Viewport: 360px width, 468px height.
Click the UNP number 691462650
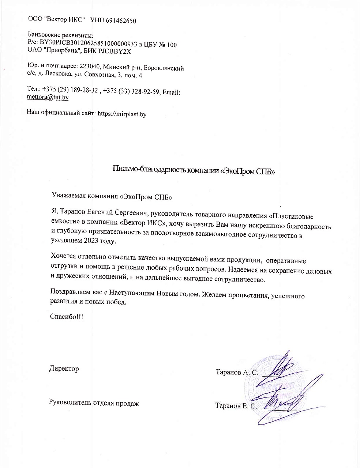[x=121, y=21]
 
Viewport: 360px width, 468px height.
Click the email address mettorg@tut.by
[x=48, y=98]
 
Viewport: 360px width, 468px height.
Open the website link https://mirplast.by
[x=122, y=114]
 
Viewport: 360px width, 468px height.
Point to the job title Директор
[x=64, y=369]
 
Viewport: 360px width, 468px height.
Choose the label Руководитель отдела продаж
[x=94, y=403]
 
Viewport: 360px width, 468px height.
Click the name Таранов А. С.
[x=237, y=373]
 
